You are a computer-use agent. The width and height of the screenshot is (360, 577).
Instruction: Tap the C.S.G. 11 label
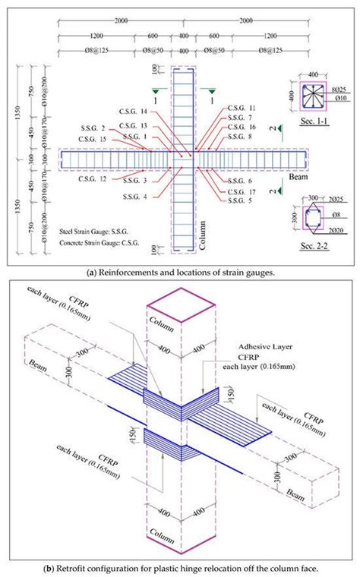click(x=242, y=109)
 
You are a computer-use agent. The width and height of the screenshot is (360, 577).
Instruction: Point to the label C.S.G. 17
click(x=242, y=193)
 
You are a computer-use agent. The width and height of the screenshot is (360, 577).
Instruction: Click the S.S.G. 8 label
click(x=240, y=137)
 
